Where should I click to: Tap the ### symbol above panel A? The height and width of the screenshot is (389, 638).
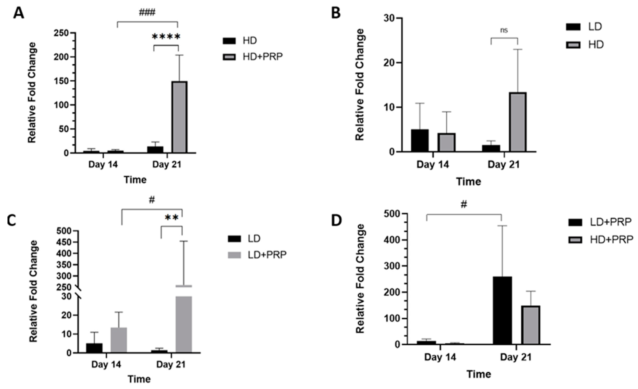(x=147, y=12)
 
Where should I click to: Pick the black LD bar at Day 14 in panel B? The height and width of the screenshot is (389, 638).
(x=420, y=140)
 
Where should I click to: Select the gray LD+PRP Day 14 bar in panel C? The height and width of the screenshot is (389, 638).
(x=119, y=340)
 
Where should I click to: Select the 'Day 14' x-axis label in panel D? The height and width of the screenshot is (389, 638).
(x=440, y=357)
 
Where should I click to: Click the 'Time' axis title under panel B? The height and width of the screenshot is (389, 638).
(x=468, y=182)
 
